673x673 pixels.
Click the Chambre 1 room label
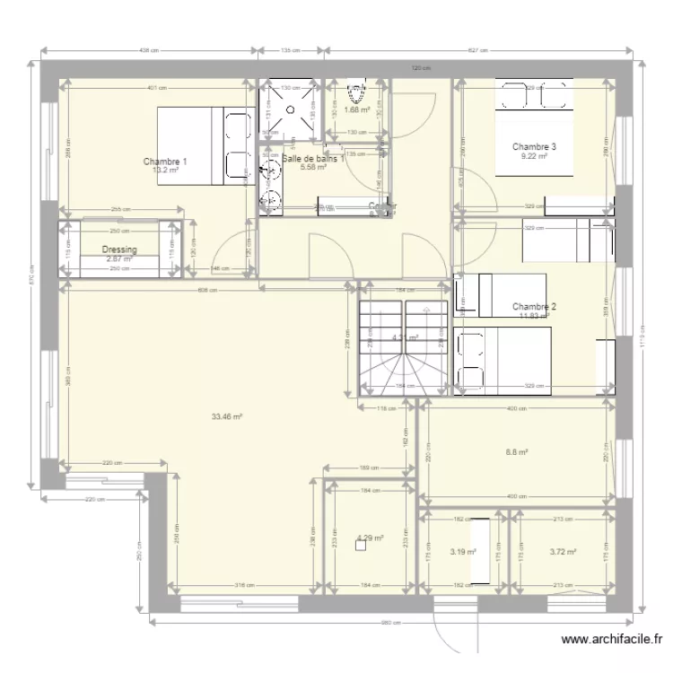pyautogui.click(x=165, y=162)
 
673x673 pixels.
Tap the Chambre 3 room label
pyautogui.click(x=535, y=146)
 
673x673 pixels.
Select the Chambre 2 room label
pyautogui.click(x=535, y=306)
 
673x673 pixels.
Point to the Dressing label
pyautogui.click(x=118, y=250)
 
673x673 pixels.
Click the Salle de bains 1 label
pyautogui.click(x=312, y=159)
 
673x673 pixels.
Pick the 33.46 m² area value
pyautogui.click(x=227, y=416)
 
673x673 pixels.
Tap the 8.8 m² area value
pyautogui.click(x=516, y=453)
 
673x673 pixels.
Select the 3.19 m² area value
pyautogui.click(x=462, y=553)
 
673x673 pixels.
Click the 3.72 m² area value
pyautogui.click(x=563, y=553)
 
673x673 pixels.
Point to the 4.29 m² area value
pyautogui.click(x=370, y=538)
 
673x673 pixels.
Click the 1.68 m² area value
pyautogui.click(x=357, y=111)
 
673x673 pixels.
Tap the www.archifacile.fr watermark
pyautogui.click(x=612, y=641)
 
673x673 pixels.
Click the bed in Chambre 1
pyautogui.click(x=205, y=146)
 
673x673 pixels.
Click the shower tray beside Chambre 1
pyautogui.click(x=289, y=110)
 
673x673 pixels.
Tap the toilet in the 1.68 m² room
pyautogui.click(x=357, y=92)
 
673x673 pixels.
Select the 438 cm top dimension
pyautogui.click(x=149, y=50)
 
